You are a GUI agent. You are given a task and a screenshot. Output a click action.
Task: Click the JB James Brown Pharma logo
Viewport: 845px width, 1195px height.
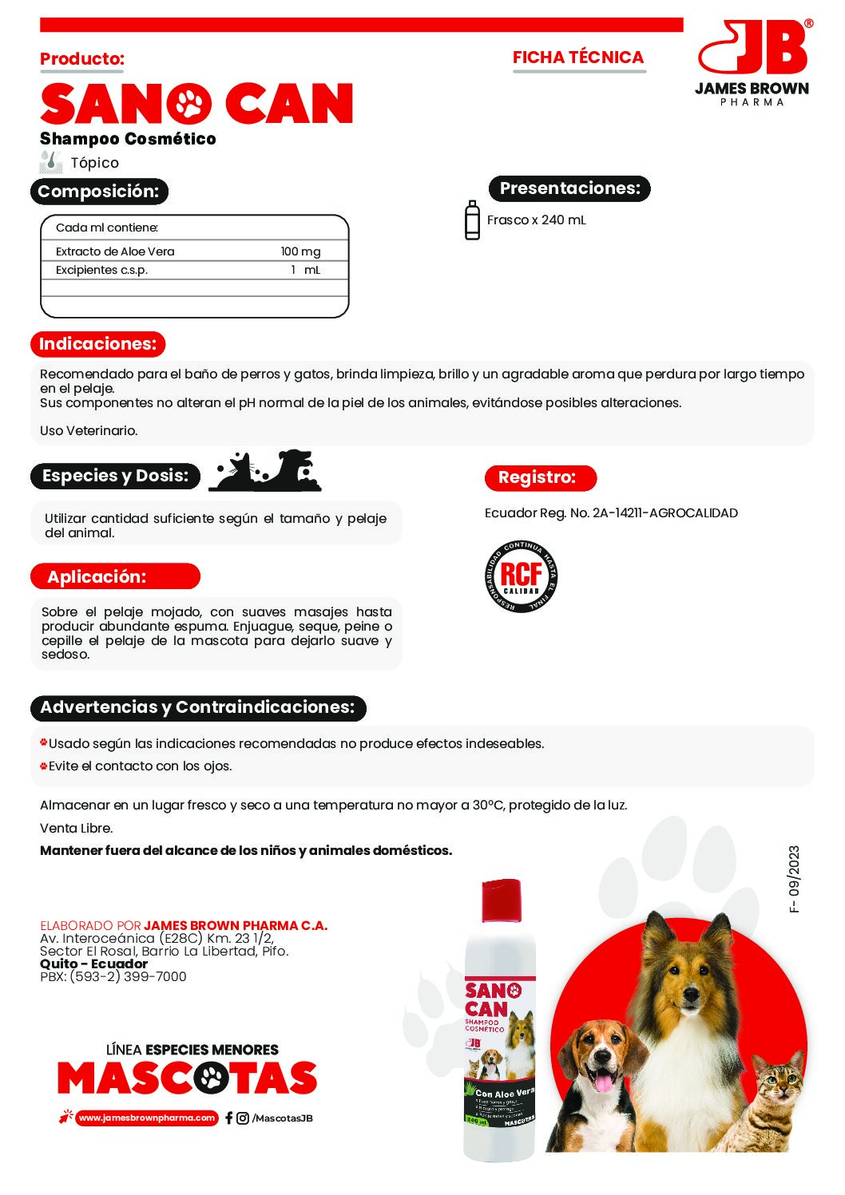pyautogui.click(x=752, y=62)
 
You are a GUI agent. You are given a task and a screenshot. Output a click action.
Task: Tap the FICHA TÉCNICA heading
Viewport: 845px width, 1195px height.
pyautogui.click(x=577, y=57)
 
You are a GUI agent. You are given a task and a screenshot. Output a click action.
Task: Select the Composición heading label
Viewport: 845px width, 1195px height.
pyautogui.click(x=99, y=192)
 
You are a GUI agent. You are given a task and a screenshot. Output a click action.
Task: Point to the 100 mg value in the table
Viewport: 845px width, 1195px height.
pyautogui.click(x=300, y=251)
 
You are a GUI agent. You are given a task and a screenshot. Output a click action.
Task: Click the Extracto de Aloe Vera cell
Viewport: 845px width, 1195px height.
pyautogui.click(x=115, y=251)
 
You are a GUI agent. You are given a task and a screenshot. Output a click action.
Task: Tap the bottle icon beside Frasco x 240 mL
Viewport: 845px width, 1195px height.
pyautogui.click(x=472, y=220)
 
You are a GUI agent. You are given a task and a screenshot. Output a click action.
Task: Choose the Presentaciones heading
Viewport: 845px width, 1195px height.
pyautogui.click(x=569, y=188)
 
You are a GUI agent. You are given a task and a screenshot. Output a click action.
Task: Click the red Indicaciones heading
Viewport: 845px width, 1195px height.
pyautogui.click(x=97, y=344)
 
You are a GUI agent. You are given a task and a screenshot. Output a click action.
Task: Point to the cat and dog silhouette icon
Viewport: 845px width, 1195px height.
pyautogui.click(x=265, y=471)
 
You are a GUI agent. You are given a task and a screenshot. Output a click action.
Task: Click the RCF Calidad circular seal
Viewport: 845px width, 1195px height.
pyautogui.click(x=521, y=576)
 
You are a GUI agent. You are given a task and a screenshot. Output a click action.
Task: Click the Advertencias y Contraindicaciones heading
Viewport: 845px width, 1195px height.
pyautogui.click(x=197, y=707)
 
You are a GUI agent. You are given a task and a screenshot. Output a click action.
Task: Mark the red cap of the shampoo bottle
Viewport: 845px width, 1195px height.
pyautogui.click(x=500, y=899)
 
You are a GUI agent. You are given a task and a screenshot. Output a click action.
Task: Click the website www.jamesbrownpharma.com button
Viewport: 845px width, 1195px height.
pyautogui.click(x=147, y=1118)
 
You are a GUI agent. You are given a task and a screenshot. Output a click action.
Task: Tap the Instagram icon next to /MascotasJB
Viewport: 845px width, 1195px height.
pyautogui.click(x=243, y=1118)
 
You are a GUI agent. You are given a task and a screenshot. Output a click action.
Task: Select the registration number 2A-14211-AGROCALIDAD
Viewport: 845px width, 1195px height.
pyautogui.click(x=664, y=513)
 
